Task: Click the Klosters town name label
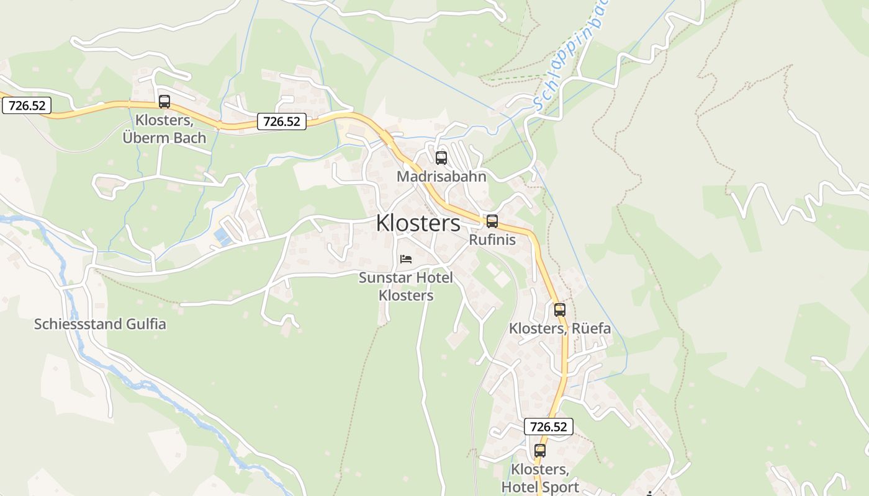tap(418, 223)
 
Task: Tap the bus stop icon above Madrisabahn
tap(441, 158)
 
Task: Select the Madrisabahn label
tap(441, 177)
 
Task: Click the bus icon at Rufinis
tap(492, 221)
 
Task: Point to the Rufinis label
tap(492, 240)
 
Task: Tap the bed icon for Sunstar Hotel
tap(406, 259)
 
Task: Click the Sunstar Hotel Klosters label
tap(406, 286)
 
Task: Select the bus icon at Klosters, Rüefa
tap(560, 310)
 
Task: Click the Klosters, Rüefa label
tap(560, 329)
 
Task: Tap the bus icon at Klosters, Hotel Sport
tap(540, 451)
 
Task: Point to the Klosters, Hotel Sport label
tap(540, 478)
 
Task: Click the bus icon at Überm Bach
tap(164, 102)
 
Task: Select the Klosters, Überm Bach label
tap(164, 129)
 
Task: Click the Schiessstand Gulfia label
tap(100, 324)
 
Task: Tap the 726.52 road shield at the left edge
tap(27, 105)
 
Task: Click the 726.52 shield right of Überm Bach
tap(282, 122)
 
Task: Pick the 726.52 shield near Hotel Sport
tap(548, 427)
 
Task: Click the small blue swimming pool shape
tap(222, 236)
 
